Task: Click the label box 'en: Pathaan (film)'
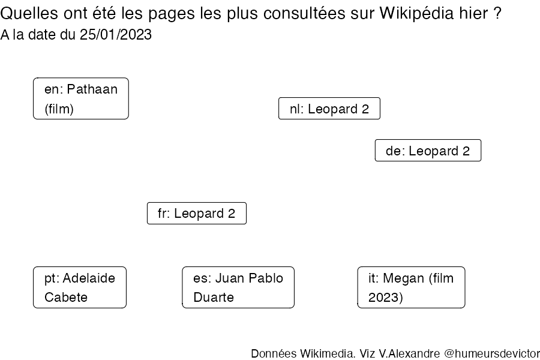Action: pyautogui.click(x=81, y=98)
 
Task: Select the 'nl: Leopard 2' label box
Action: pyautogui.click(x=329, y=109)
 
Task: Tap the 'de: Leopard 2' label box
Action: pyautogui.click(x=428, y=150)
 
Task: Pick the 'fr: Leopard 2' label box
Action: pyautogui.click(x=197, y=213)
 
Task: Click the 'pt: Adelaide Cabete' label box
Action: pyautogui.click(x=80, y=287)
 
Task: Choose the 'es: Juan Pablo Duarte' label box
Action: pyautogui.click(x=238, y=287)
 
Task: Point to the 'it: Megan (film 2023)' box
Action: pyautogui.click(x=411, y=287)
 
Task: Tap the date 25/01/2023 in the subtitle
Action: pyautogui.click(x=116, y=34)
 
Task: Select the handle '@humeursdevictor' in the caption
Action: pyautogui.click(x=492, y=353)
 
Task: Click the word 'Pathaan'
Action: pyautogui.click(x=92, y=89)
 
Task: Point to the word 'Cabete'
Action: pyautogui.click(x=66, y=297)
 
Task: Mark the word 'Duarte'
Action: pyautogui.click(x=214, y=297)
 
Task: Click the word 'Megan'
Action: pyautogui.click(x=404, y=278)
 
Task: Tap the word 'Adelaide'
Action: pyautogui.click(x=89, y=278)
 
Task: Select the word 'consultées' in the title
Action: pyautogui.click(x=304, y=13)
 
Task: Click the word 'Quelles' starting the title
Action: pyautogui.click(x=29, y=13)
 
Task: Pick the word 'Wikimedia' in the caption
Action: pyautogui.click(x=327, y=353)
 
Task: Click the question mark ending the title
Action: pyautogui.click(x=497, y=13)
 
